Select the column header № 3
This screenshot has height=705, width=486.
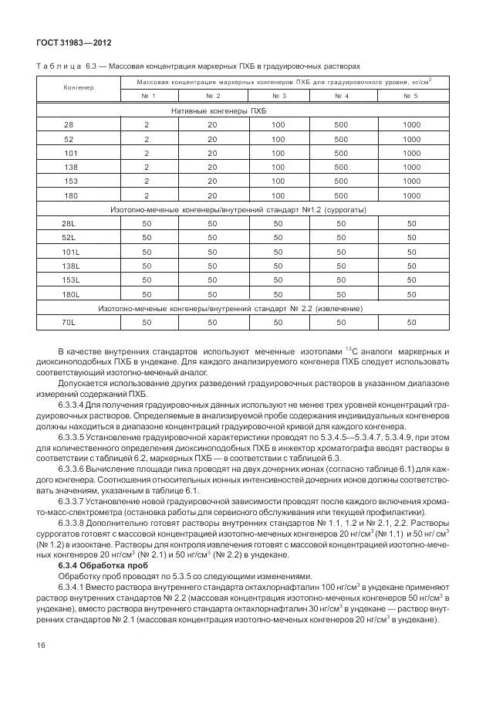click(278, 96)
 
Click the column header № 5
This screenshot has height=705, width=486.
click(411, 96)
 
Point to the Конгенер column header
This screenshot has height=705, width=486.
click(78, 87)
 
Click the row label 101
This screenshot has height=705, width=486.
click(71, 153)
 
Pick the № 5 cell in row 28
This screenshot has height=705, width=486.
click(411, 125)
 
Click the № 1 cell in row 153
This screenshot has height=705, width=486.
click(147, 181)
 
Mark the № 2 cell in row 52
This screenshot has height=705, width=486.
click(212, 139)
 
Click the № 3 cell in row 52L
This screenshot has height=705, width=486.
click(278, 238)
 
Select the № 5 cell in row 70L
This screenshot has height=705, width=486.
click(411, 322)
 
